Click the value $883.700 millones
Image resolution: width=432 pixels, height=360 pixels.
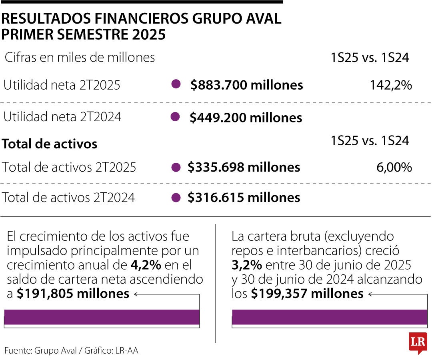tap(246, 85)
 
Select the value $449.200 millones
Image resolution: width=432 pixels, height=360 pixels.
tap(246, 117)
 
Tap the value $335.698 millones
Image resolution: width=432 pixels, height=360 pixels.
tap(244, 167)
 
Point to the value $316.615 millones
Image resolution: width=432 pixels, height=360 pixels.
tap(244, 197)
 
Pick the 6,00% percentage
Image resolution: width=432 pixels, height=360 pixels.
tap(394, 167)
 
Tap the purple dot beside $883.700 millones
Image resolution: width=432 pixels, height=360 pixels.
tap(175, 84)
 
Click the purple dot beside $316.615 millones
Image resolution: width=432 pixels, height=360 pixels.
tap(175, 197)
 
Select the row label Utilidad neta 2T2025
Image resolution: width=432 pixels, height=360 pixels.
tap(62, 85)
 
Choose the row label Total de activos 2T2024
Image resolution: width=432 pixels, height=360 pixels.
tap(68, 197)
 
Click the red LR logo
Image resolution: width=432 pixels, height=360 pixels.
tap(418, 343)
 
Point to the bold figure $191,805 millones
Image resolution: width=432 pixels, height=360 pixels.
tap(73, 294)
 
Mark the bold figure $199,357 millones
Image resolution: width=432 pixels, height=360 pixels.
tap(307, 294)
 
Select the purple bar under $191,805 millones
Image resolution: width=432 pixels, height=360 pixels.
tap(102, 317)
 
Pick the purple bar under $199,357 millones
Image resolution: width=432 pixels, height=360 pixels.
tap(329, 317)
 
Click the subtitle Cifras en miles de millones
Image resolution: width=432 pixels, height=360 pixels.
tap(80, 58)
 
